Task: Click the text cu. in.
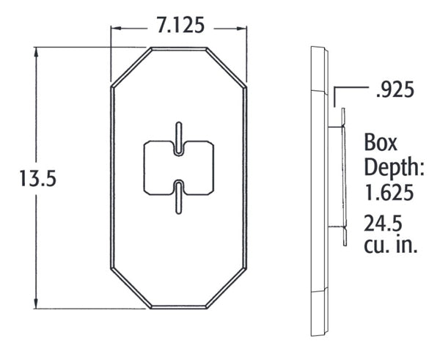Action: pyautogui.click(x=392, y=246)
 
